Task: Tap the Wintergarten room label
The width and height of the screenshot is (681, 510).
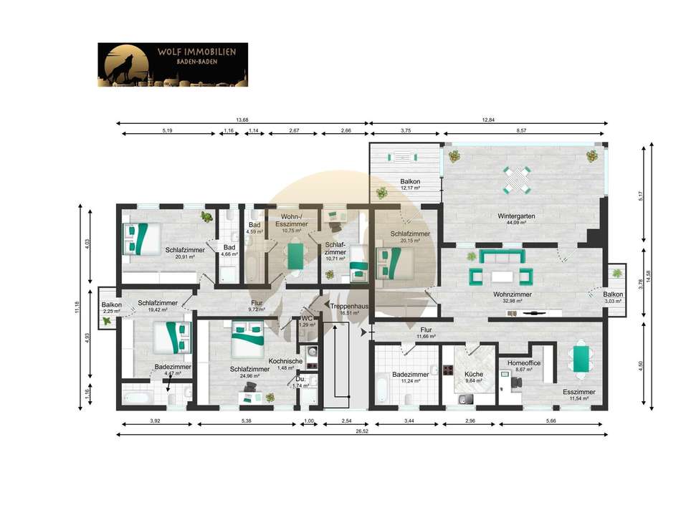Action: point(516,216)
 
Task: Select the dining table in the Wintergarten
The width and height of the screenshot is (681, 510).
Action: point(517,180)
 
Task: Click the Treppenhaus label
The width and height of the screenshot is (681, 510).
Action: point(349,306)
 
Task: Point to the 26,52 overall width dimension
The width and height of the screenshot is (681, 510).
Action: point(362,431)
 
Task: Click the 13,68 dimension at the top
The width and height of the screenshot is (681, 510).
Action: point(242,120)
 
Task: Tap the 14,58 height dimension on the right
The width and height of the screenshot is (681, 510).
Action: point(648,276)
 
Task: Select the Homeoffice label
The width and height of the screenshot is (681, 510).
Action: point(524,363)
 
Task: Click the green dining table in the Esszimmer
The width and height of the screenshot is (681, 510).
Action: point(581,359)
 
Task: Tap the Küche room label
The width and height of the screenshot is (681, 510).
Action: point(473,374)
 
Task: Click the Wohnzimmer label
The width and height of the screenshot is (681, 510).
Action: point(513,294)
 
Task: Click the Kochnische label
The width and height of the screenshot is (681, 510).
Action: point(285,361)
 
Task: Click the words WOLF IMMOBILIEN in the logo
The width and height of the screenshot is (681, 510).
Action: point(196,52)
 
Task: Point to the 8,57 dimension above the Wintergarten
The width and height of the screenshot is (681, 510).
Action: point(521,130)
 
